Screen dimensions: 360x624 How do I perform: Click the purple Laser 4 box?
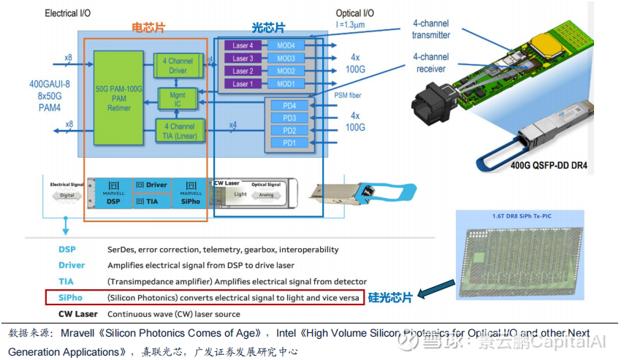tap(243, 45)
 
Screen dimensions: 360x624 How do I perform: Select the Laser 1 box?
tap(243, 84)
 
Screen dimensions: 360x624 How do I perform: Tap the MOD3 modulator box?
tap(286, 58)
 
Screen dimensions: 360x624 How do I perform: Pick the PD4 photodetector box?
tap(290, 106)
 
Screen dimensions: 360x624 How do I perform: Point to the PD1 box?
tap(290, 142)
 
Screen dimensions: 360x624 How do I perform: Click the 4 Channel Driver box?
tap(178, 66)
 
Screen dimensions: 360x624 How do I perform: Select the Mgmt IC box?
tap(177, 99)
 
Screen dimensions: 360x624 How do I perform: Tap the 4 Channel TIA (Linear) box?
tap(178, 131)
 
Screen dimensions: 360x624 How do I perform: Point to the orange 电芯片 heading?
tap(148, 28)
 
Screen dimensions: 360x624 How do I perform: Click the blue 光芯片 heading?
tap(270, 28)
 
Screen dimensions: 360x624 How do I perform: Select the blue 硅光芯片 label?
tap(391, 297)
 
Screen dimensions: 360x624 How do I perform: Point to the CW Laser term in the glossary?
tap(77, 314)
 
